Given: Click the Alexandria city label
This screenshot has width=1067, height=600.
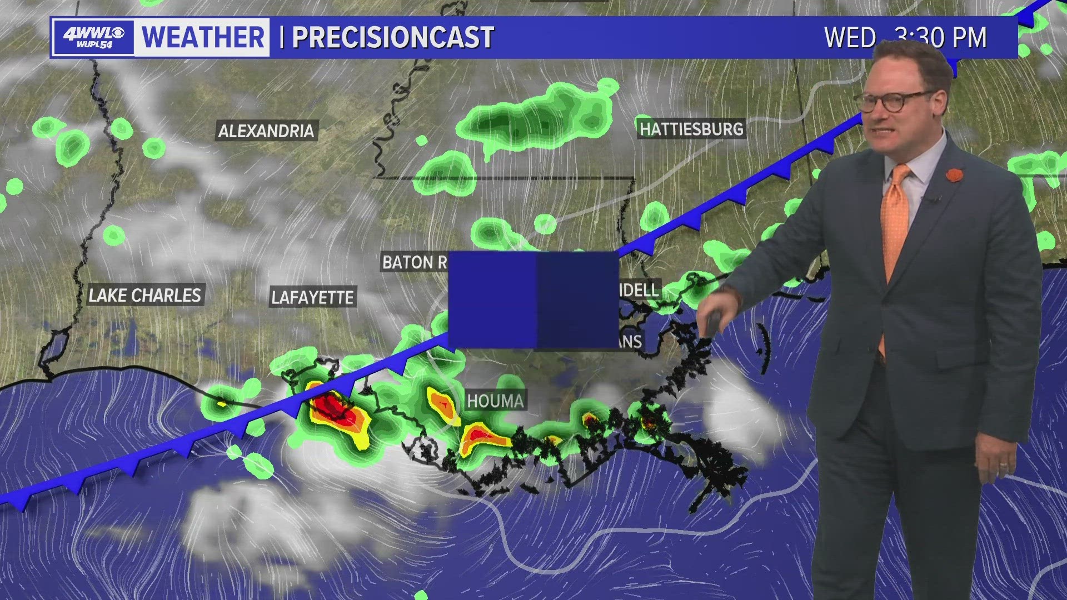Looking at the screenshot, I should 266,131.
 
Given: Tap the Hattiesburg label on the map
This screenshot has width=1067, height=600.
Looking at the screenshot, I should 691,129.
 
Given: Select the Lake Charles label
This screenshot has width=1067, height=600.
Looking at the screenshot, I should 145,295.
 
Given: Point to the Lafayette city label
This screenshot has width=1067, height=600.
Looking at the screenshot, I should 312,297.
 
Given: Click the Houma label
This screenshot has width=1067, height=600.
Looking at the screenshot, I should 495,401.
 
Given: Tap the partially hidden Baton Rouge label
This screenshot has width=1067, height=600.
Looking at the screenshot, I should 415,262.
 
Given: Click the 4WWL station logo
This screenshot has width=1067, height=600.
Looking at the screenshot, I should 93,37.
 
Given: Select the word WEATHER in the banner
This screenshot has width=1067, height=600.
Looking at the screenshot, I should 203,37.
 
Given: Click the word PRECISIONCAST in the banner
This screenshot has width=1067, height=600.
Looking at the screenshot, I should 393,37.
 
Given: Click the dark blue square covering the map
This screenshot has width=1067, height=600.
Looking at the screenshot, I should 533,300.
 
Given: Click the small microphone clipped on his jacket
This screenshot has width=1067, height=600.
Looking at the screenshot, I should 934,199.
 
